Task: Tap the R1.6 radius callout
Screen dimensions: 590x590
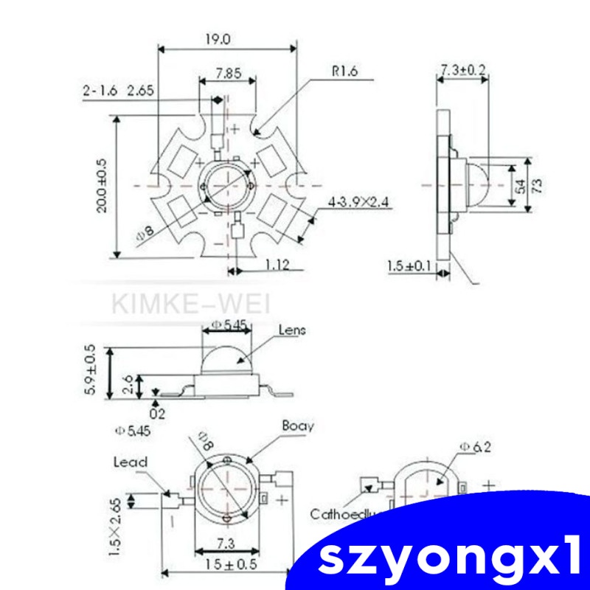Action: (x=344, y=72)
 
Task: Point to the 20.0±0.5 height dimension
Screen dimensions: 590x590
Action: (x=102, y=187)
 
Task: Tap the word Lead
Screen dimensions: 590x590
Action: (x=131, y=462)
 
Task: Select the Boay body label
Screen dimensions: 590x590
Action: (x=297, y=426)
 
